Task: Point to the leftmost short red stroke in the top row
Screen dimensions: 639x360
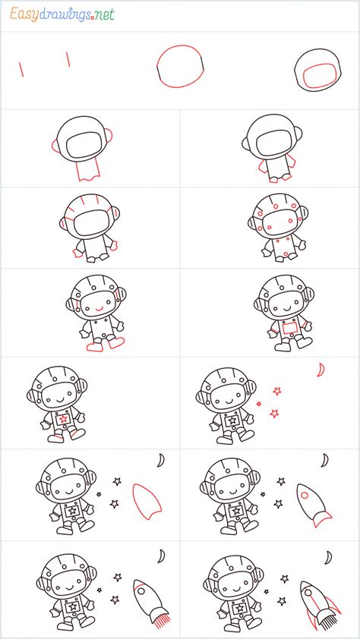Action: (21, 69)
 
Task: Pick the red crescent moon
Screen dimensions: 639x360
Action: (322, 370)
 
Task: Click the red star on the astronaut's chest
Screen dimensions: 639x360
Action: (64, 418)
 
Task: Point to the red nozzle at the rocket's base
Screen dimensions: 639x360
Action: (321, 519)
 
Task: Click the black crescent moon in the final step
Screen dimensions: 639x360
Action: (328, 558)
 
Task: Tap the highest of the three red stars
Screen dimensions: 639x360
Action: (277, 391)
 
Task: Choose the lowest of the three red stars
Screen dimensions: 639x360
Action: (273, 414)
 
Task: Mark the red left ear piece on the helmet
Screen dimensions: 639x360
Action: (55, 145)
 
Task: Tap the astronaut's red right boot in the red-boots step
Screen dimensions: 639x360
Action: (116, 342)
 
